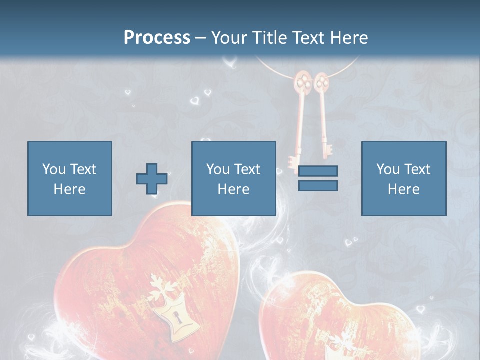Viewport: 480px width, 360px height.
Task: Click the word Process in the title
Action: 157,37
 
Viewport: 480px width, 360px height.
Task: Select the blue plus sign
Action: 151,179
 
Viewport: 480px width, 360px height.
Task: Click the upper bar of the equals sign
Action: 318,171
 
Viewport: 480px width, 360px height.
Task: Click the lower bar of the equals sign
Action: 318,185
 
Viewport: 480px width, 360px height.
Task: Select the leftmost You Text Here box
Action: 69,178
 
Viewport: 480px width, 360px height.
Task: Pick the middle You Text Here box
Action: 233,178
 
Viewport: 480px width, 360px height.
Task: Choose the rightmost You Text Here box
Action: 403,178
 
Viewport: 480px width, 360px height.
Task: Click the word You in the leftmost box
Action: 53,169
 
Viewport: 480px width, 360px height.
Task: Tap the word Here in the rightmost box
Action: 403,189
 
